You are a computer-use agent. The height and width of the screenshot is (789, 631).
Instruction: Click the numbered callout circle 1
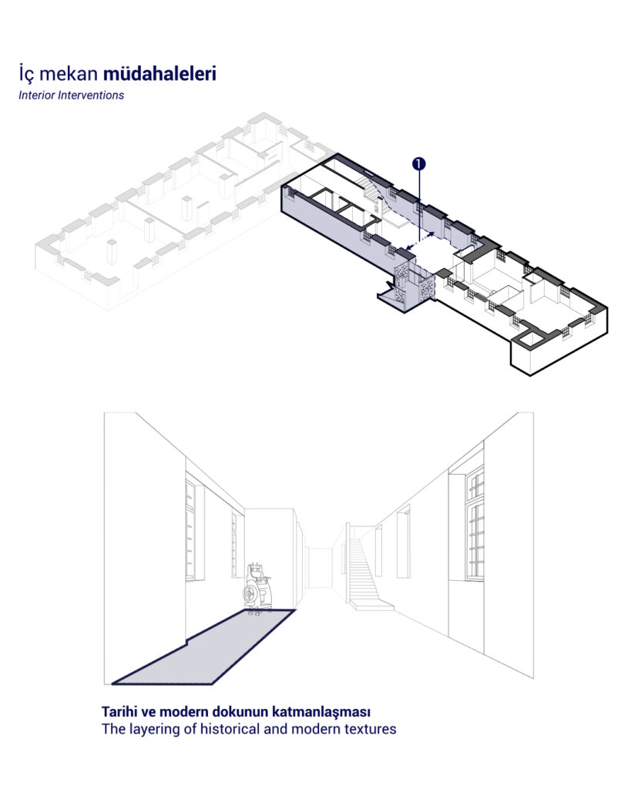point(418,163)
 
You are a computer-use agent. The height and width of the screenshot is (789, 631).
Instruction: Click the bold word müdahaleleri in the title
point(159,73)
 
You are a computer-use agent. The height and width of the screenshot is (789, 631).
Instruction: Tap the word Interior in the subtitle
point(37,95)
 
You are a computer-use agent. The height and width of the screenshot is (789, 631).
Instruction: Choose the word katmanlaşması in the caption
point(321,713)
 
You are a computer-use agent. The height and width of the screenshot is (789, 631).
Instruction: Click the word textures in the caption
point(370,729)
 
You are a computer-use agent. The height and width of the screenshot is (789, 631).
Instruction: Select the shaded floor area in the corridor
point(203,647)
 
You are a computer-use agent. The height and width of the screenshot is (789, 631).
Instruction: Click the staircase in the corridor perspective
point(365,572)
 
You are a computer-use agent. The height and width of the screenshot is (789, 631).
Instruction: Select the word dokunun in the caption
point(240,712)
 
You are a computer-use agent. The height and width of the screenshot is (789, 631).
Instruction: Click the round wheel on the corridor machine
point(250,596)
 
